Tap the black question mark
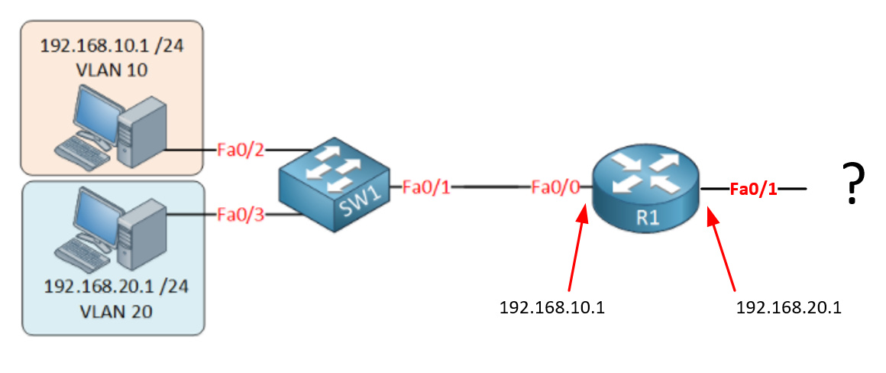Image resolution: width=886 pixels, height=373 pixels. [852, 183]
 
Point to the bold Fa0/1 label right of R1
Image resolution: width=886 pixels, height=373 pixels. [753, 189]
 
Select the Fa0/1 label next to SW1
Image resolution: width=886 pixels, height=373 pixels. [427, 186]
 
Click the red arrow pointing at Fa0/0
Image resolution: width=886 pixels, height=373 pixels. [577, 249]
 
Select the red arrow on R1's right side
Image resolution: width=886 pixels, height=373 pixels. [722, 249]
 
